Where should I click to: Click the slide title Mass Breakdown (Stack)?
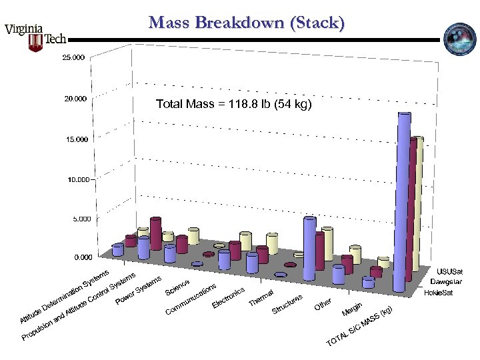coord(247,24)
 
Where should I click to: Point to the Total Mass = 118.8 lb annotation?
coord(233,104)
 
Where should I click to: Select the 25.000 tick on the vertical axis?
coord(73,58)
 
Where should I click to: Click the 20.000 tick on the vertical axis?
coord(73,99)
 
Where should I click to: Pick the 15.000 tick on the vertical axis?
coord(73,139)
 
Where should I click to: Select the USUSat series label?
coord(449,272)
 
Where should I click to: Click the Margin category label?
coord(352,309)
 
